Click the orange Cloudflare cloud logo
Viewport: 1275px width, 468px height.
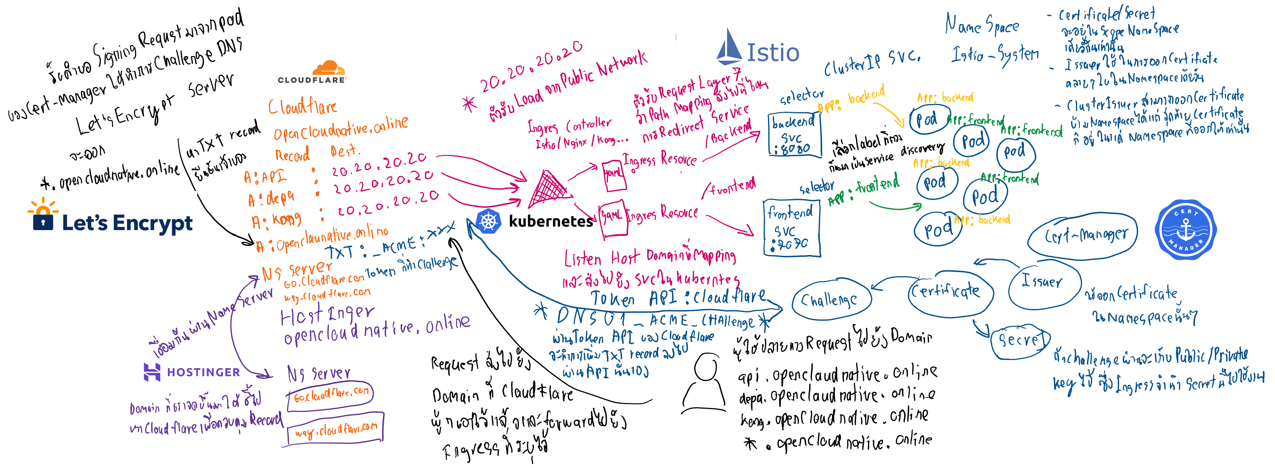tap(329, 68)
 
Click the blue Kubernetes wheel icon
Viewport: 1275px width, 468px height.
tap(488, 221)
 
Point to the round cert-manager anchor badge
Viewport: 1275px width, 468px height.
tap(1185, 230)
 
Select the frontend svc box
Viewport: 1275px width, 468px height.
tap(791, 228)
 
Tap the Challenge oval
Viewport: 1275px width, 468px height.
tap(831, 300)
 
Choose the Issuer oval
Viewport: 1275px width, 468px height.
tap(1043, 283)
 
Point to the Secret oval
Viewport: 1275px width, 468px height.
tap(1020, 340)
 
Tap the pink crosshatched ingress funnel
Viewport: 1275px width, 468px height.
tap(547, 189)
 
